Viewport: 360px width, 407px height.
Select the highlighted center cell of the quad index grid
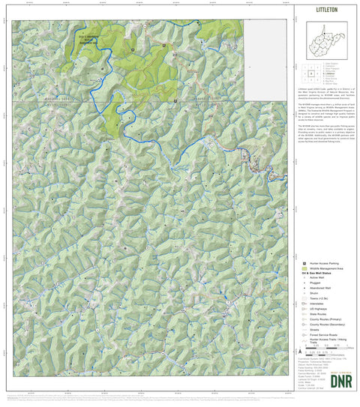click(x=310, y=73)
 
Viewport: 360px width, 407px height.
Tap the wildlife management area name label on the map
click(x=88, y=37)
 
